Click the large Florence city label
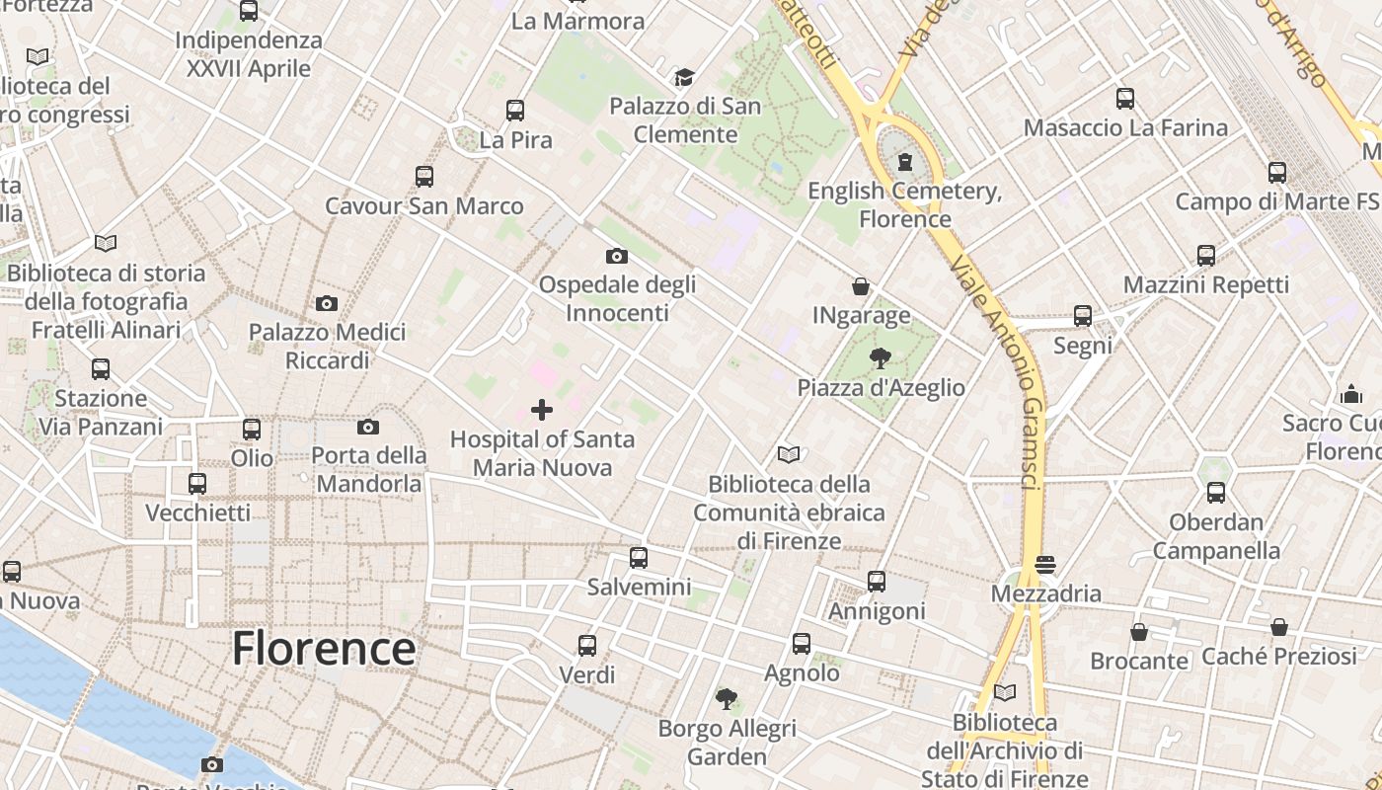(x=323, y=649)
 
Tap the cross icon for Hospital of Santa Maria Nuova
(x=542, y=409)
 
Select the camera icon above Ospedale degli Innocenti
(x=617, y=257)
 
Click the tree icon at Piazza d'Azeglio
(x=881, y=358)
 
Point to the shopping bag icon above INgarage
(x=861, y=286)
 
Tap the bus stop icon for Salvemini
(x=639, y=558)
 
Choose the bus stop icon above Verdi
(x=587, y=646)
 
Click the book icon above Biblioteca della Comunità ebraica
(x=789, y=454)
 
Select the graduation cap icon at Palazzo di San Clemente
(x=684, y=77)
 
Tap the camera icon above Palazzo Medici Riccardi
(x=327, y=303)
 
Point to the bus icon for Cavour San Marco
(x=424, y=177)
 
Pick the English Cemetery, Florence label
(x=904, y=204)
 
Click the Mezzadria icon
(x=1045, y=565)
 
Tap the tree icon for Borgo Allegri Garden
(x=727, y=700)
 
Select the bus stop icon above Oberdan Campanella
(x=1216, y=493)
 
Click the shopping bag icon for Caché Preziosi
(x=1279, y=627)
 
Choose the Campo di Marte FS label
(x=1276, y=201)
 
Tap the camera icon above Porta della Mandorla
(x=368, y=427)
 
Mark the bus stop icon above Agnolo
(x=802, y=644)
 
